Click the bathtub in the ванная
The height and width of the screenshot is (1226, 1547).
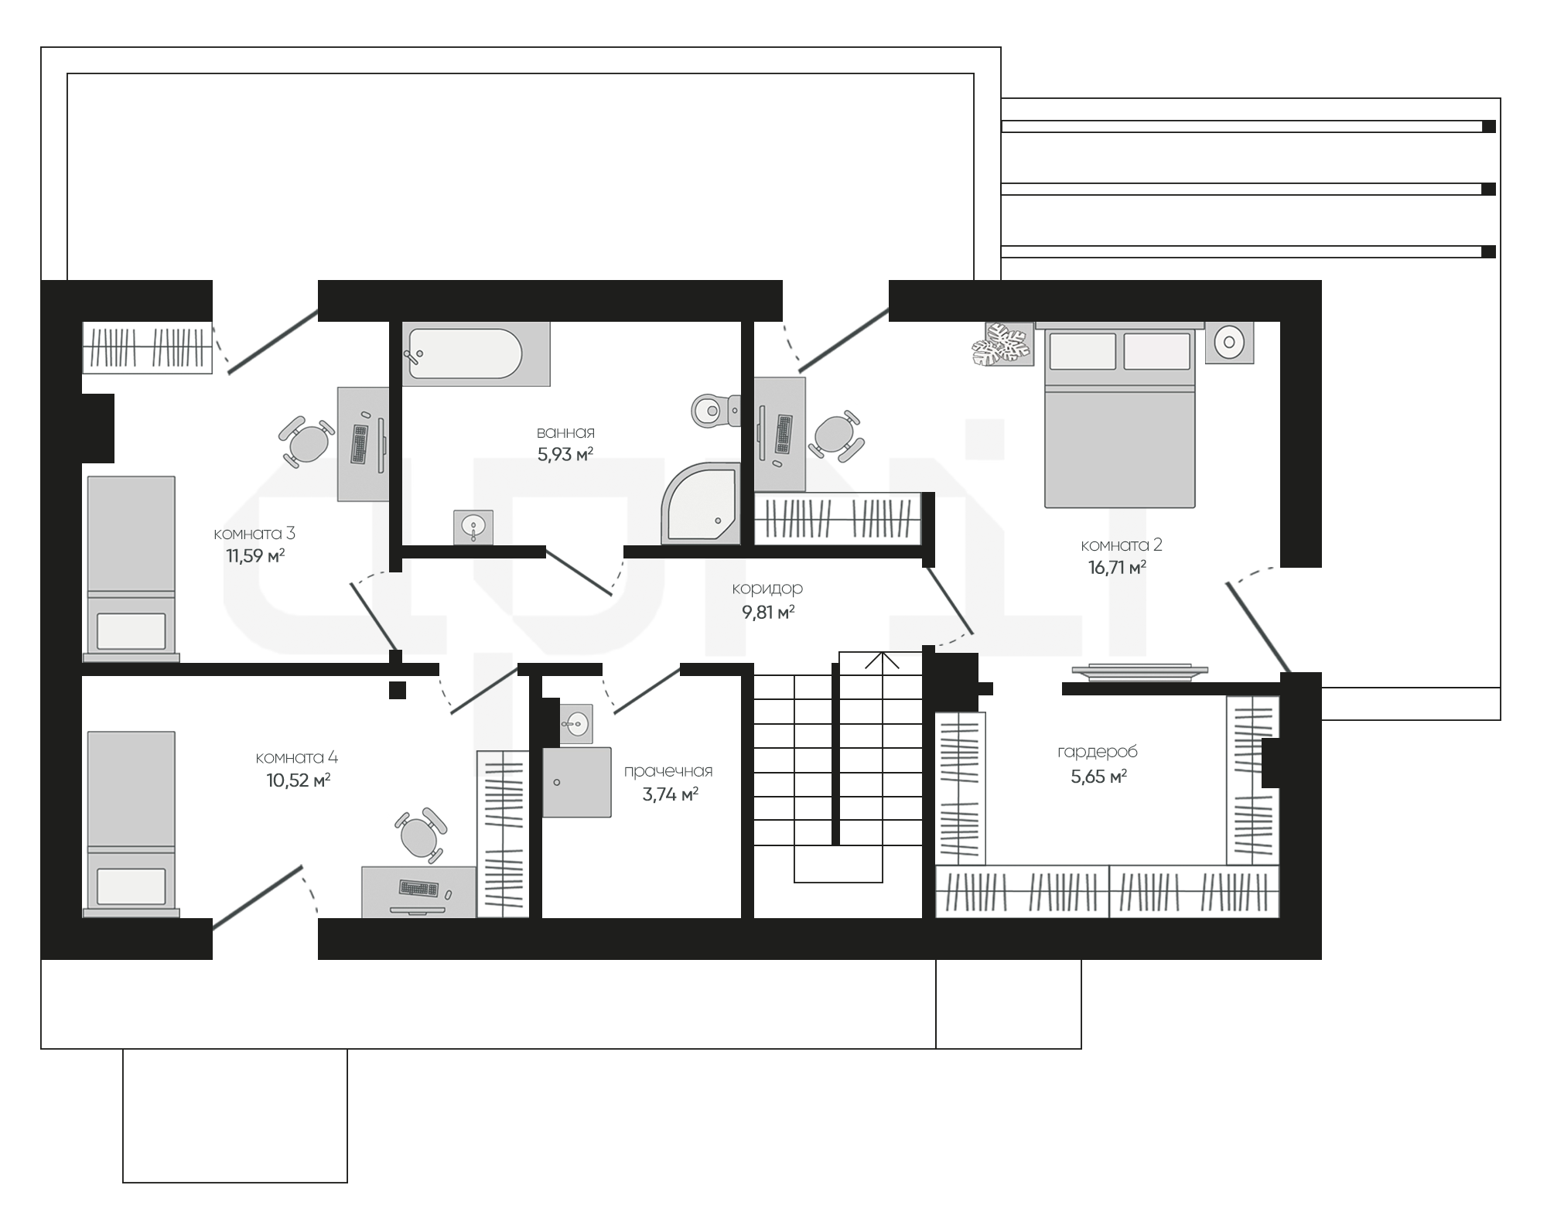476,353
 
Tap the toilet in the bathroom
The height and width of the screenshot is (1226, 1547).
715,410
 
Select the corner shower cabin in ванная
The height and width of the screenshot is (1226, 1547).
701,504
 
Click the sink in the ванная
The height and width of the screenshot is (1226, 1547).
473,528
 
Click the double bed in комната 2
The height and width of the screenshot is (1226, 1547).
1119,415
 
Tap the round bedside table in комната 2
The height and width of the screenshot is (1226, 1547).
1229,341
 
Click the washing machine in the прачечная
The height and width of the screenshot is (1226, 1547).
577,782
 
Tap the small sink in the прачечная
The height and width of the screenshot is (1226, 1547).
575,724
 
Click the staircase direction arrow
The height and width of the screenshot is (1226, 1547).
882,661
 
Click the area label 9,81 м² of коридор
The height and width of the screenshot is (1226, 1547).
768,613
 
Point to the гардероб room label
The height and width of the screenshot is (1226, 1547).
1098,752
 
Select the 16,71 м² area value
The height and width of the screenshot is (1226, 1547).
1117,568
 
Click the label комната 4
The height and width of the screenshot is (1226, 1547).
297,757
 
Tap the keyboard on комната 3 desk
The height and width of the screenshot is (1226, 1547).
360,444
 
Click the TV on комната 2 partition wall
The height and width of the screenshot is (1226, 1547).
1139,672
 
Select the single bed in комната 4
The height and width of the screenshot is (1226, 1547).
131,825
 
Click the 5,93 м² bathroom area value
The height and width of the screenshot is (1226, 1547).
565,454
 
